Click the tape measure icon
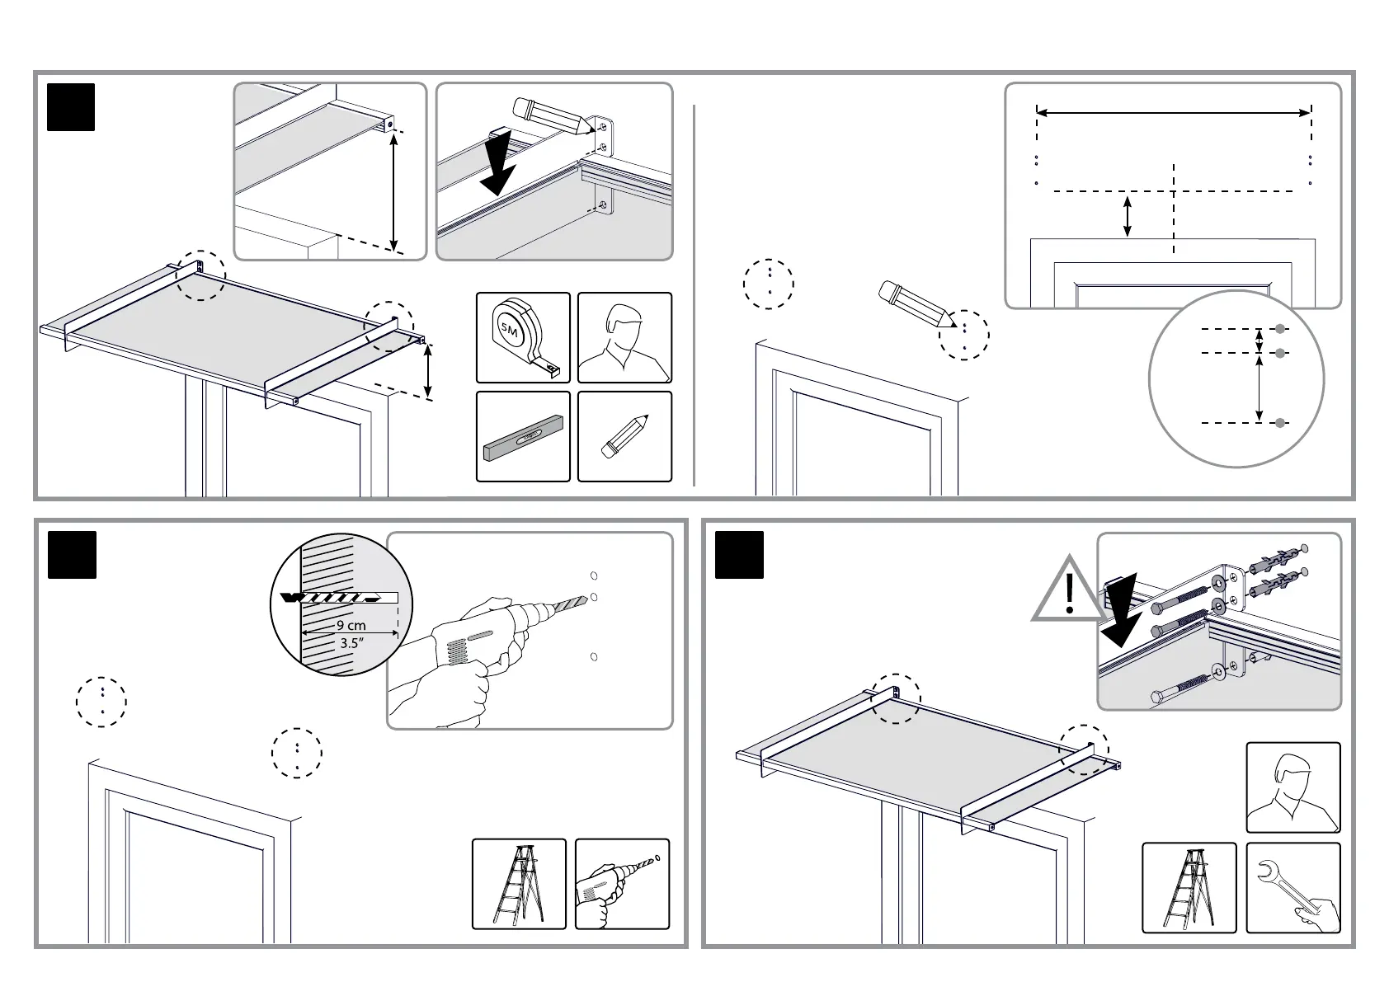[x=523, y=337]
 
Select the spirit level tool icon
[x=523, y=437]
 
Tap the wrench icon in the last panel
[x=1292, y=889]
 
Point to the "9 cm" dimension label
[x=351, y=626]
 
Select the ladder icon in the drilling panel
[x=519, y=884]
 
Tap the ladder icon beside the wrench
[x=1189, y=889]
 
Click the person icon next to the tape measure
[x=624, y=337]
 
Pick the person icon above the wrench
[x=1292, y=787]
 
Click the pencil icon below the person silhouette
[x=624, y=437]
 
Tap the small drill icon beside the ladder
[x=621, y=884]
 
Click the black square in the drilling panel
[x=72, y=555]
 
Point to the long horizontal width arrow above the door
[x=1173, y=112]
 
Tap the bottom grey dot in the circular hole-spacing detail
[x=1279, y=423]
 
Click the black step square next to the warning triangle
[x=739, y=555]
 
